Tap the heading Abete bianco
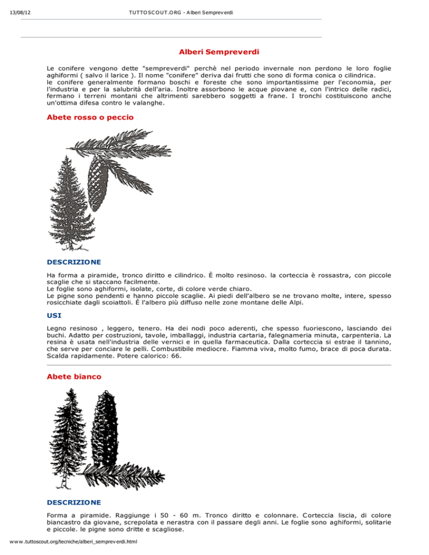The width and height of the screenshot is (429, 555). click(x=74, y=377)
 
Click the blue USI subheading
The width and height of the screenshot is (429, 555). click(x=54, y=315)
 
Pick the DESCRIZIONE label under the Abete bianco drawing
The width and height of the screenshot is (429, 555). click(x=74, y=502)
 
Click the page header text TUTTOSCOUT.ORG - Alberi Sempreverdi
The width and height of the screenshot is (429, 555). click(x=177, y=12)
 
